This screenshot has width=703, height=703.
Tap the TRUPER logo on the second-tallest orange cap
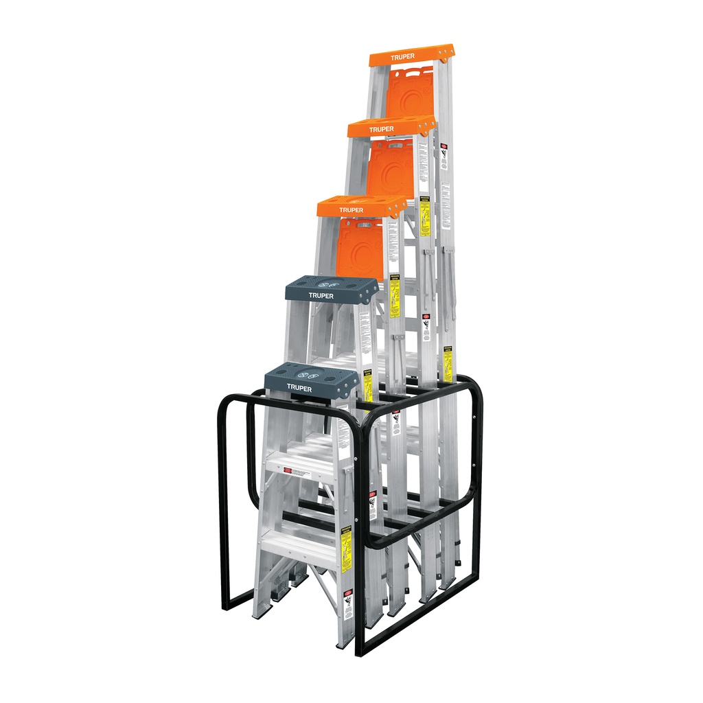click(x=381, y=129)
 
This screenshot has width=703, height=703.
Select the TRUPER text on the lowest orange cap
click(x=351, y=210)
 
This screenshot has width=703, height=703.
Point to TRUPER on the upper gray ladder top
click(x=321, y=296)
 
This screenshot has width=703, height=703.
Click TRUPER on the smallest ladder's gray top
click(x=299, y=388)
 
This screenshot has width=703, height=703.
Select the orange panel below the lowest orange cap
click(x=360, y=248)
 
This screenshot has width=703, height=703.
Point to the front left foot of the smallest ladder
click(x=260, y=613)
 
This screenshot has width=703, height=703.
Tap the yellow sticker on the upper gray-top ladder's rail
click(x=368, y=388)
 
